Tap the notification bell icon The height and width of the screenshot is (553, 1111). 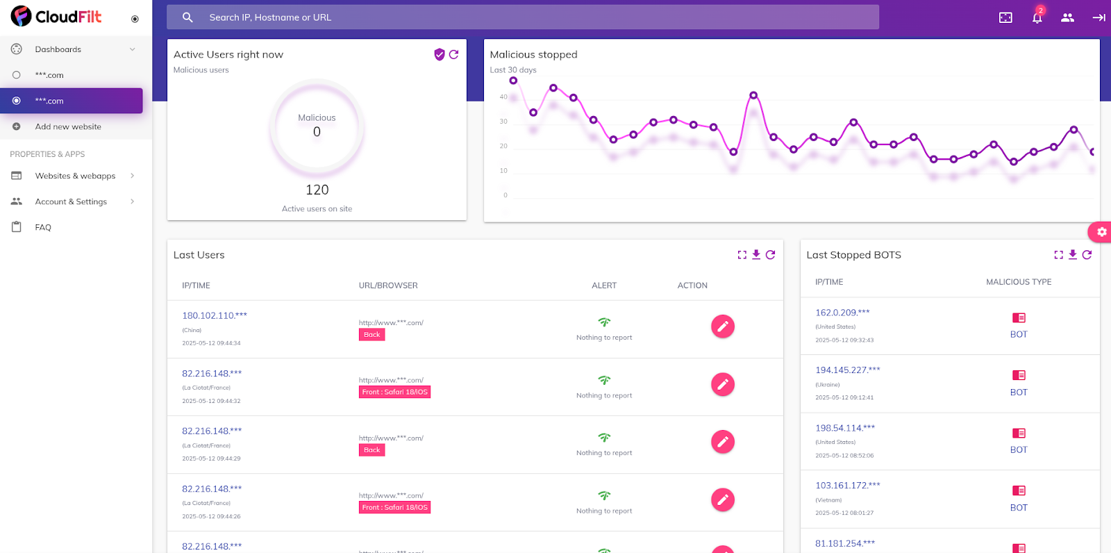tap(1037, 17)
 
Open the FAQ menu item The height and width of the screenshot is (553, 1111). tap(43, 227)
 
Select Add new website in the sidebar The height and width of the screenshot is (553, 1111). tap(68, 126)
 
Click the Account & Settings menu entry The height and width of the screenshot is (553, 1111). tap(71, 201)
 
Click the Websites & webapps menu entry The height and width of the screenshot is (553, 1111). tap(75, 176)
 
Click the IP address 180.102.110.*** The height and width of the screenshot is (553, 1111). tap(214, 315)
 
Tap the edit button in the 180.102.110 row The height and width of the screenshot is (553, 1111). tap(722, 327)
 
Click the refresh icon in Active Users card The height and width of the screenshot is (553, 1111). tap(453, 54)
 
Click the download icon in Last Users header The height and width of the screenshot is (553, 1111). tap(756, 255)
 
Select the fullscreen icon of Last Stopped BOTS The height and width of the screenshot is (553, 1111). tap(1058, 255)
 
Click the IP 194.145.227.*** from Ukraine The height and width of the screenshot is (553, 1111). tap(847, 370)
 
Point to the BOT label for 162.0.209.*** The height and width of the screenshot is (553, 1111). tap(1018, 334)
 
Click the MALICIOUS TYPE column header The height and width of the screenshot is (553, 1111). tap(1018, 282)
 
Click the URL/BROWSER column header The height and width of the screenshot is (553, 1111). tap(387, 286)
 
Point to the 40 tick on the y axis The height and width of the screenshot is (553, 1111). tap(503, 97)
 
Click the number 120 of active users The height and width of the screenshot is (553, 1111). tap(317, 190)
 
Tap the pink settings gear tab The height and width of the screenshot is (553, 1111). tap(1101, 232)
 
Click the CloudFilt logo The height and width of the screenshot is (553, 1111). tap(56, 16)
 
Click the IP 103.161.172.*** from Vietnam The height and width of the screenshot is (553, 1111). tap(847, 486)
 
